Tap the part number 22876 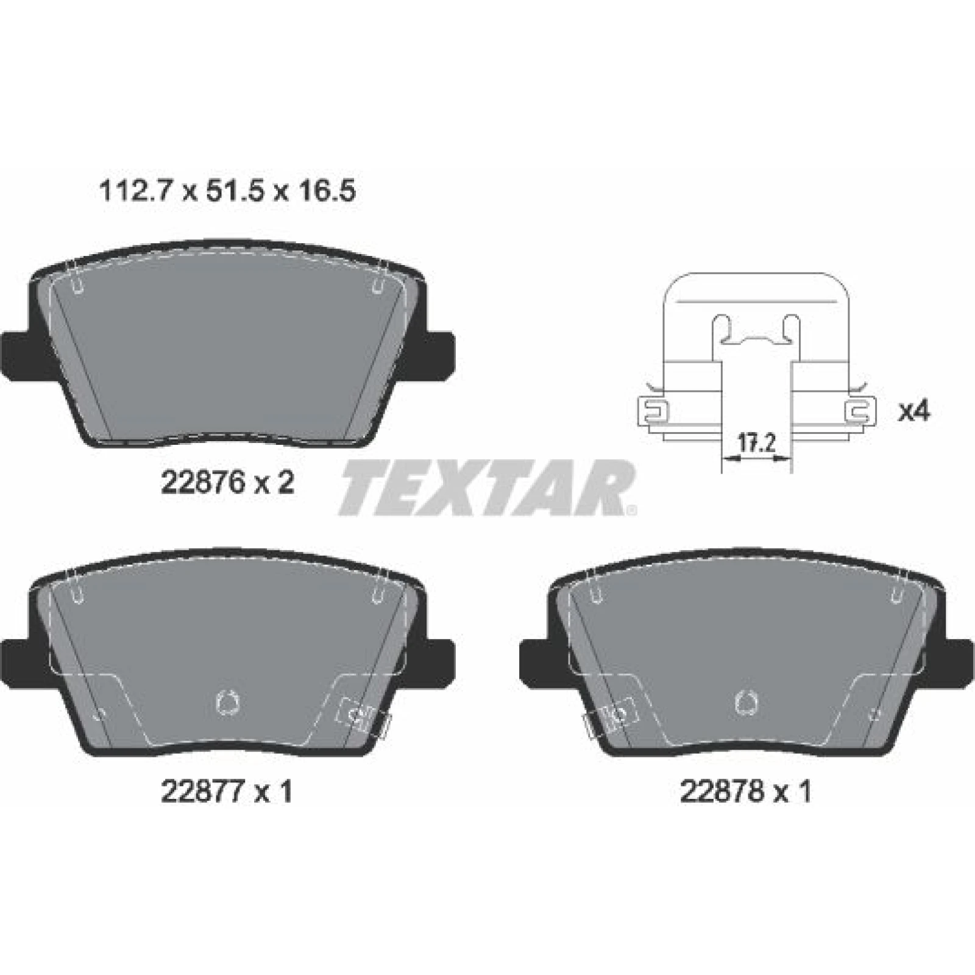pos(202,483)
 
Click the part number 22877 pos(202,791)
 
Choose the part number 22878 pos(721,791)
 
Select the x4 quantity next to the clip pos(915,412)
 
